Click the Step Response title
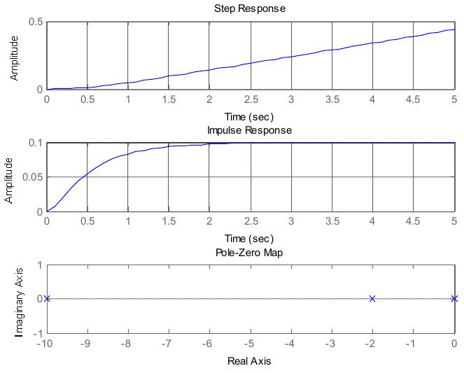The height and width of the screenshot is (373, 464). point(249,8)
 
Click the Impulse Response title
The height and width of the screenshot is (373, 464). point(249,130)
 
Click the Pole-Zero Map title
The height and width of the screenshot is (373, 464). point(249,252)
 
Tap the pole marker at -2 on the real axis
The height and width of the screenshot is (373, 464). point(372,299)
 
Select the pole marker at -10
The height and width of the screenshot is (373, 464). point(47,299)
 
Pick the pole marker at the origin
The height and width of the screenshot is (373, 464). point(454,299)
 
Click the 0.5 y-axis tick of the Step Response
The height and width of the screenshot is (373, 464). point(35,22)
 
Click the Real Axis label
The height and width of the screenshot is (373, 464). point(249,361)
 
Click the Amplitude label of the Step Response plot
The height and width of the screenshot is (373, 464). point(14,56)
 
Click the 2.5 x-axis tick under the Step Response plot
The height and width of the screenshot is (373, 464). point(250,99)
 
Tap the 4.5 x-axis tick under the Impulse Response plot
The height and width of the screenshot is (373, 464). point(413,221)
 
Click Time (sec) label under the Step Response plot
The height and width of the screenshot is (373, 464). point(249,117)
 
